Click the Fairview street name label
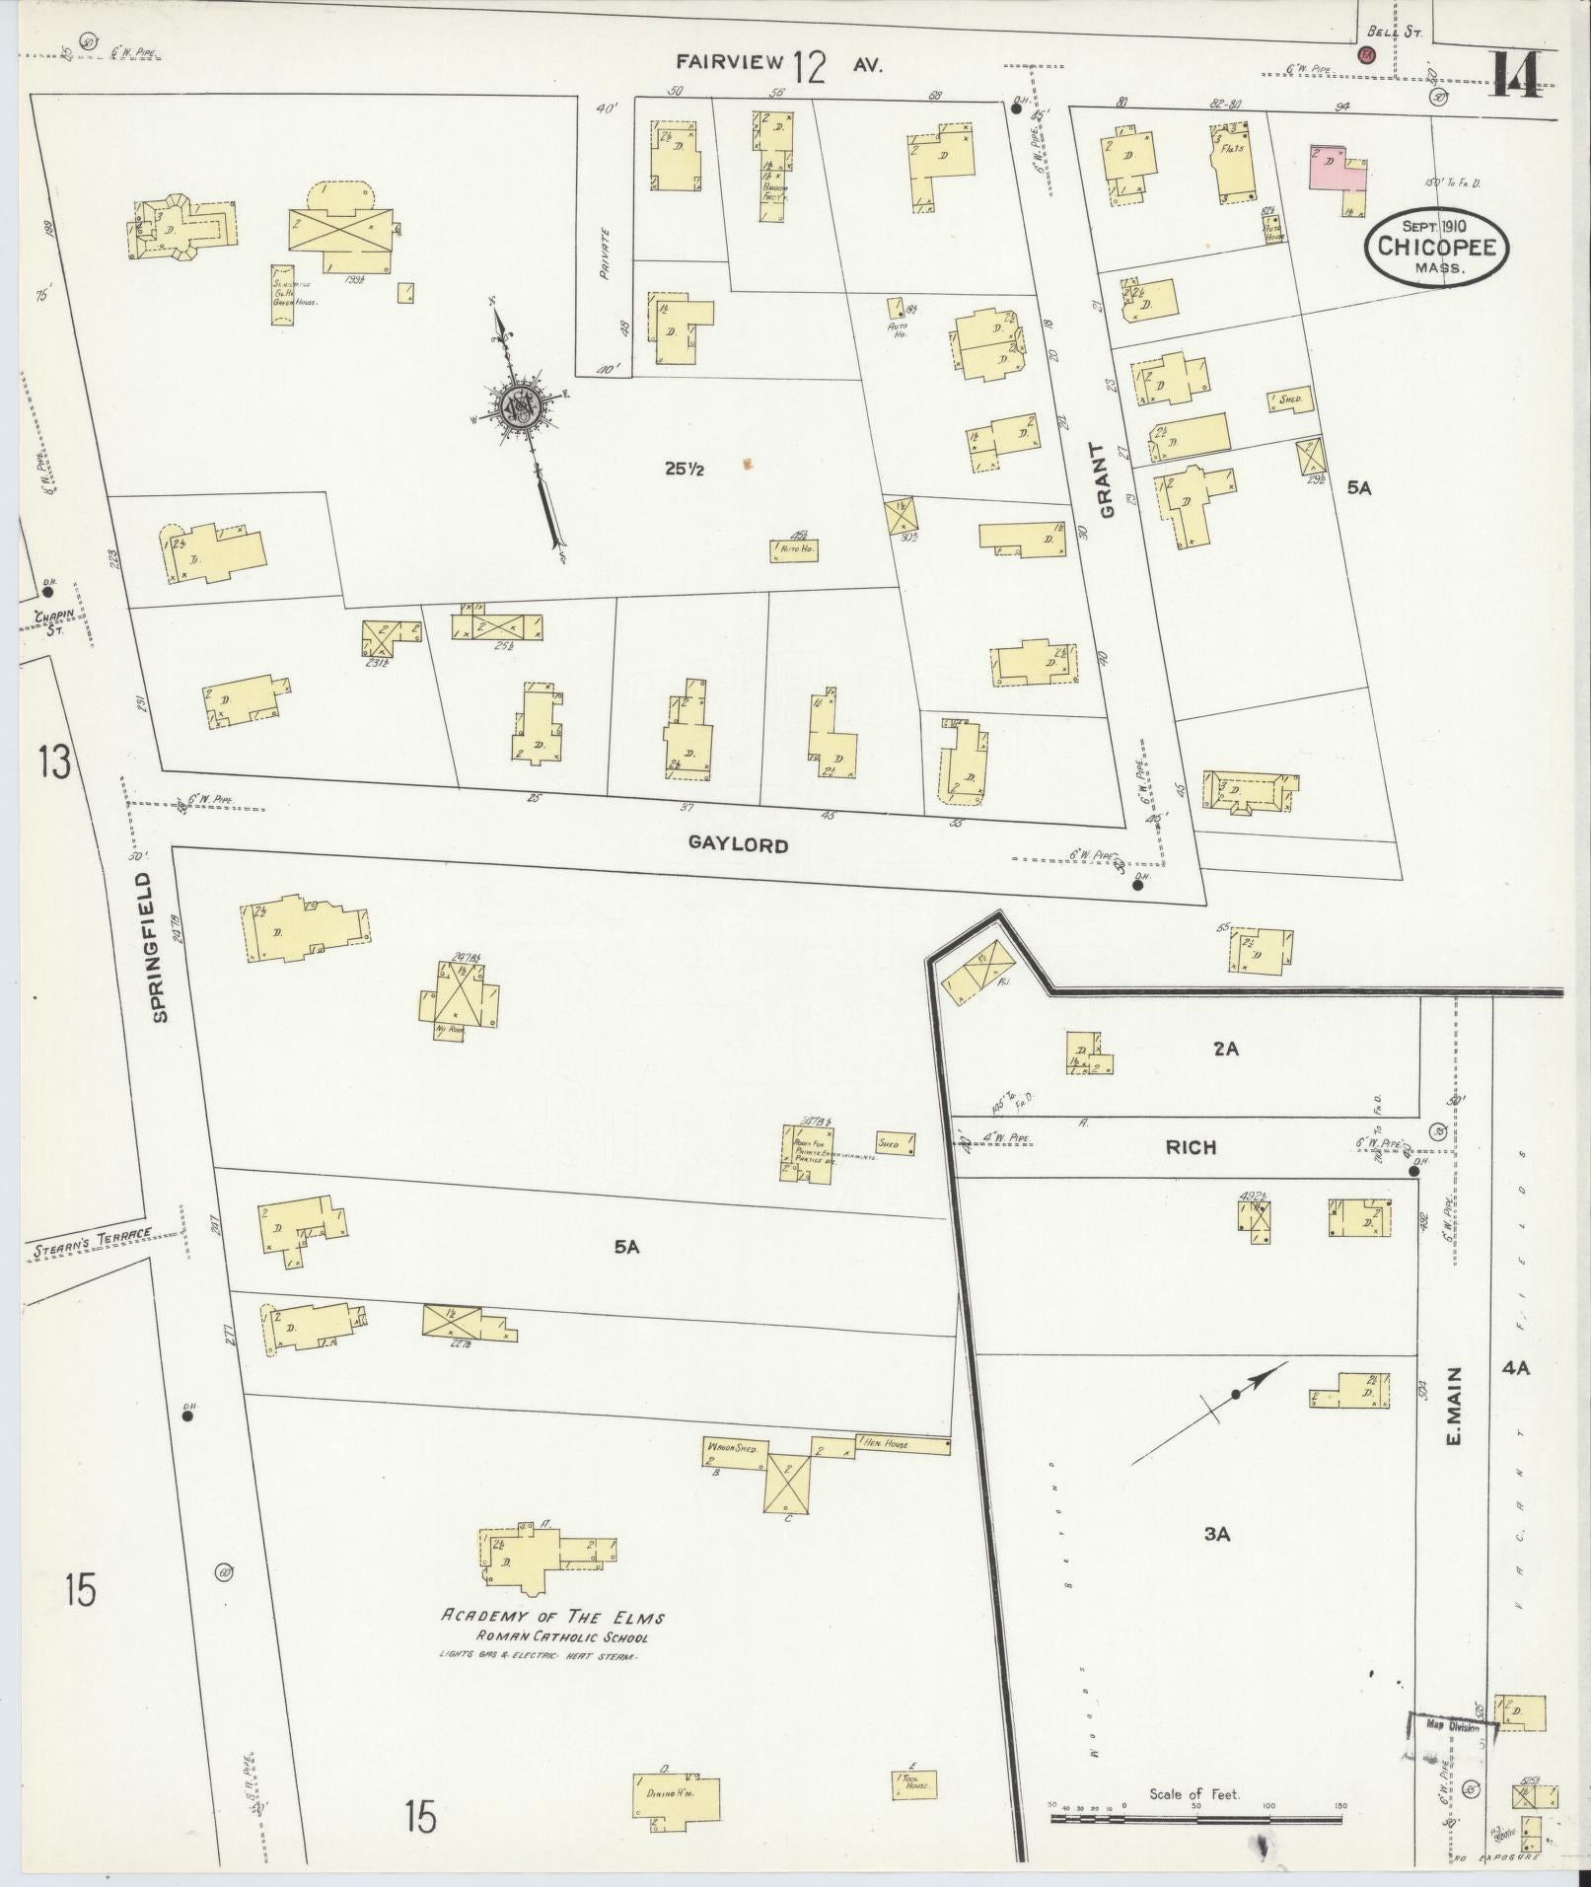(x=730, y=63)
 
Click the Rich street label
(x=1191, y=1147)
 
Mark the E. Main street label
(x=1454, y=1405)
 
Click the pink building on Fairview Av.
(x=1337, y=170)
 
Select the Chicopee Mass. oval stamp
(x=1436, y=248)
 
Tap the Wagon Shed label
(x=732, y=1448)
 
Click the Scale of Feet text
(x=1193, y=1794)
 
